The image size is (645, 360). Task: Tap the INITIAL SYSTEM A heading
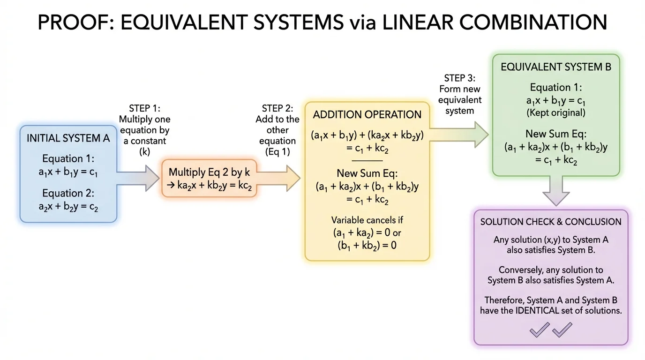tap(68, 138)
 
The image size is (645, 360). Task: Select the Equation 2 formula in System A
tap(68, 207)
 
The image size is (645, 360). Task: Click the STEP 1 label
tap(144, 109)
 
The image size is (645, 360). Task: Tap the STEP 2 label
tap(277, 109)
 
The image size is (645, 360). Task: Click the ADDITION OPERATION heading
tap(367, 115)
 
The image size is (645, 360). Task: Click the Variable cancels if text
tap(367, 220)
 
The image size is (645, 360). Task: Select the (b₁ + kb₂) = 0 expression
tap(367, 245)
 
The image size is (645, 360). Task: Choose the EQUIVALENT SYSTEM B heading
tap(556, 67)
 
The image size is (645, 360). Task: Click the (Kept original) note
tap(556, 112)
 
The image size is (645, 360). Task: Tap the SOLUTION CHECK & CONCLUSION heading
tap(551, 222)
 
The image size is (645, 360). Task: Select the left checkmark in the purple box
tap(540, 330)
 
